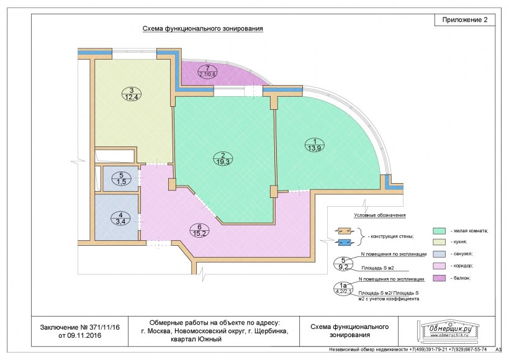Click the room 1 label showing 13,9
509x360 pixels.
click(x=314, y=144)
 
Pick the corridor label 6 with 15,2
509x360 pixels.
click(x=199, y=230)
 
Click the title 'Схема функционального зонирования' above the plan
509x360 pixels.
click(x=203, y=29)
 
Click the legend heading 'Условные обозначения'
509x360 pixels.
click(x=380, y=215)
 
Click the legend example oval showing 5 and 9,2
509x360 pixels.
click(x=343, y=263)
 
